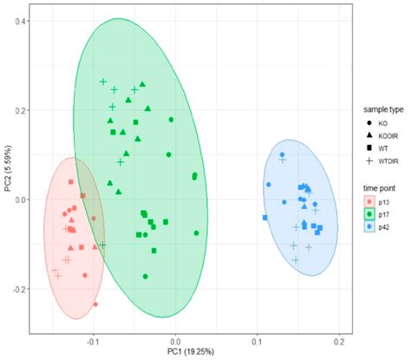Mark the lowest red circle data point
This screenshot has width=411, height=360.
click(x=95, y=304)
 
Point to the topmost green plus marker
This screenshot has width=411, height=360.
click(x=103, y=82)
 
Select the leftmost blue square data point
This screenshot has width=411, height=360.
click(x=265, y=218)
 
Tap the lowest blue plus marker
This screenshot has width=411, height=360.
click(x=295, y=259)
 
